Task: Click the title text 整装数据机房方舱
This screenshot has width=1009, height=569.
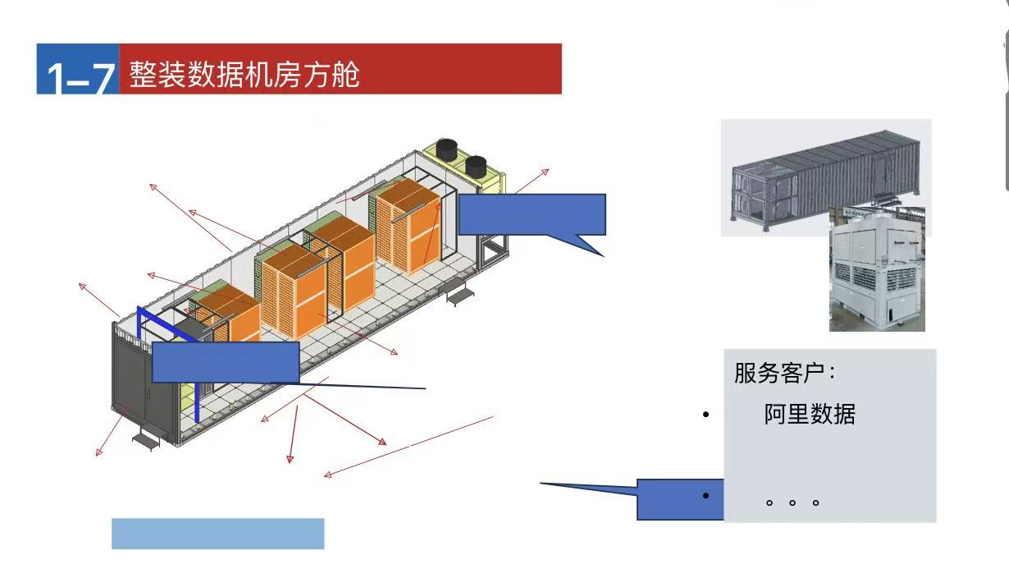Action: tap(244, 75)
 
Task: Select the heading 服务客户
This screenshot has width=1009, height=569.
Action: tap(783, 374)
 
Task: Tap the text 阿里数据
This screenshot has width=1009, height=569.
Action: tap(809, 414)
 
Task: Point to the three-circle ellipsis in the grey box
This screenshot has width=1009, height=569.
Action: tap(792, 501)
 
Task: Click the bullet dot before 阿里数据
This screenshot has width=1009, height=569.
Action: tap(705, 415)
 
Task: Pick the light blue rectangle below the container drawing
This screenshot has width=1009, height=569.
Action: tap(217, 533)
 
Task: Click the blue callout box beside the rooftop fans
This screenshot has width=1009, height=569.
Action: tap(532, 215)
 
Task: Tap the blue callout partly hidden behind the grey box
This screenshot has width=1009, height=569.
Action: tap(679, 498)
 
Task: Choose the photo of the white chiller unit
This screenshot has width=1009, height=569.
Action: tap(877, 271)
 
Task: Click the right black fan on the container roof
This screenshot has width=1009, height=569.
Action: tap(476, 166)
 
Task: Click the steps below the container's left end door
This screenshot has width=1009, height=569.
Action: tap(147, 440)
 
